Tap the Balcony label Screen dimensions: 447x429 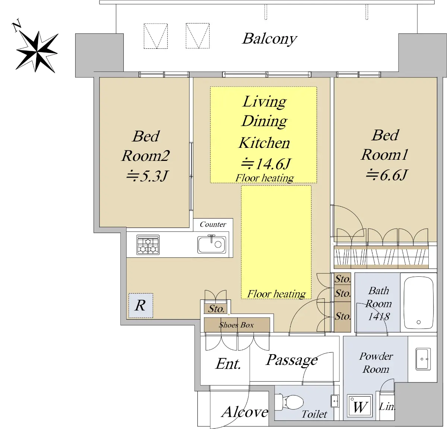270,39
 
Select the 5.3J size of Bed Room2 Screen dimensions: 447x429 148,176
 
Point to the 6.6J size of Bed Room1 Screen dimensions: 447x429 387,175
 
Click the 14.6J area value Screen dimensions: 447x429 266,164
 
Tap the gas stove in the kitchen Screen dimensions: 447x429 148,245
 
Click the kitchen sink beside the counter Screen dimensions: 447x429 212,244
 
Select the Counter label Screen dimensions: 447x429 213,225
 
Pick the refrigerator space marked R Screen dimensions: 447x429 140,306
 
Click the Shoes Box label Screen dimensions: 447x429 237,325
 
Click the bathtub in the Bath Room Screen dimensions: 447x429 419,303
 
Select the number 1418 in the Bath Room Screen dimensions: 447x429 378,317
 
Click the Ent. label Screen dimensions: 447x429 228,364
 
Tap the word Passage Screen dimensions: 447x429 292,360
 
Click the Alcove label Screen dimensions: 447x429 245,412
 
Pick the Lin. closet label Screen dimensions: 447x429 387,407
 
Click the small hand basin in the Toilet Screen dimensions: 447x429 335,401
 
